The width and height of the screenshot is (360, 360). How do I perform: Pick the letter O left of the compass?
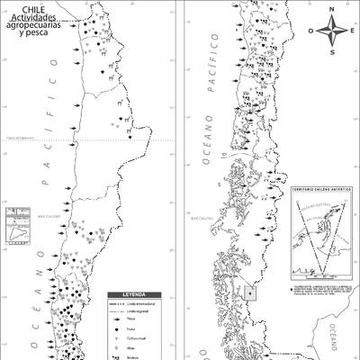pyautogui.click(x=311, y=31)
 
